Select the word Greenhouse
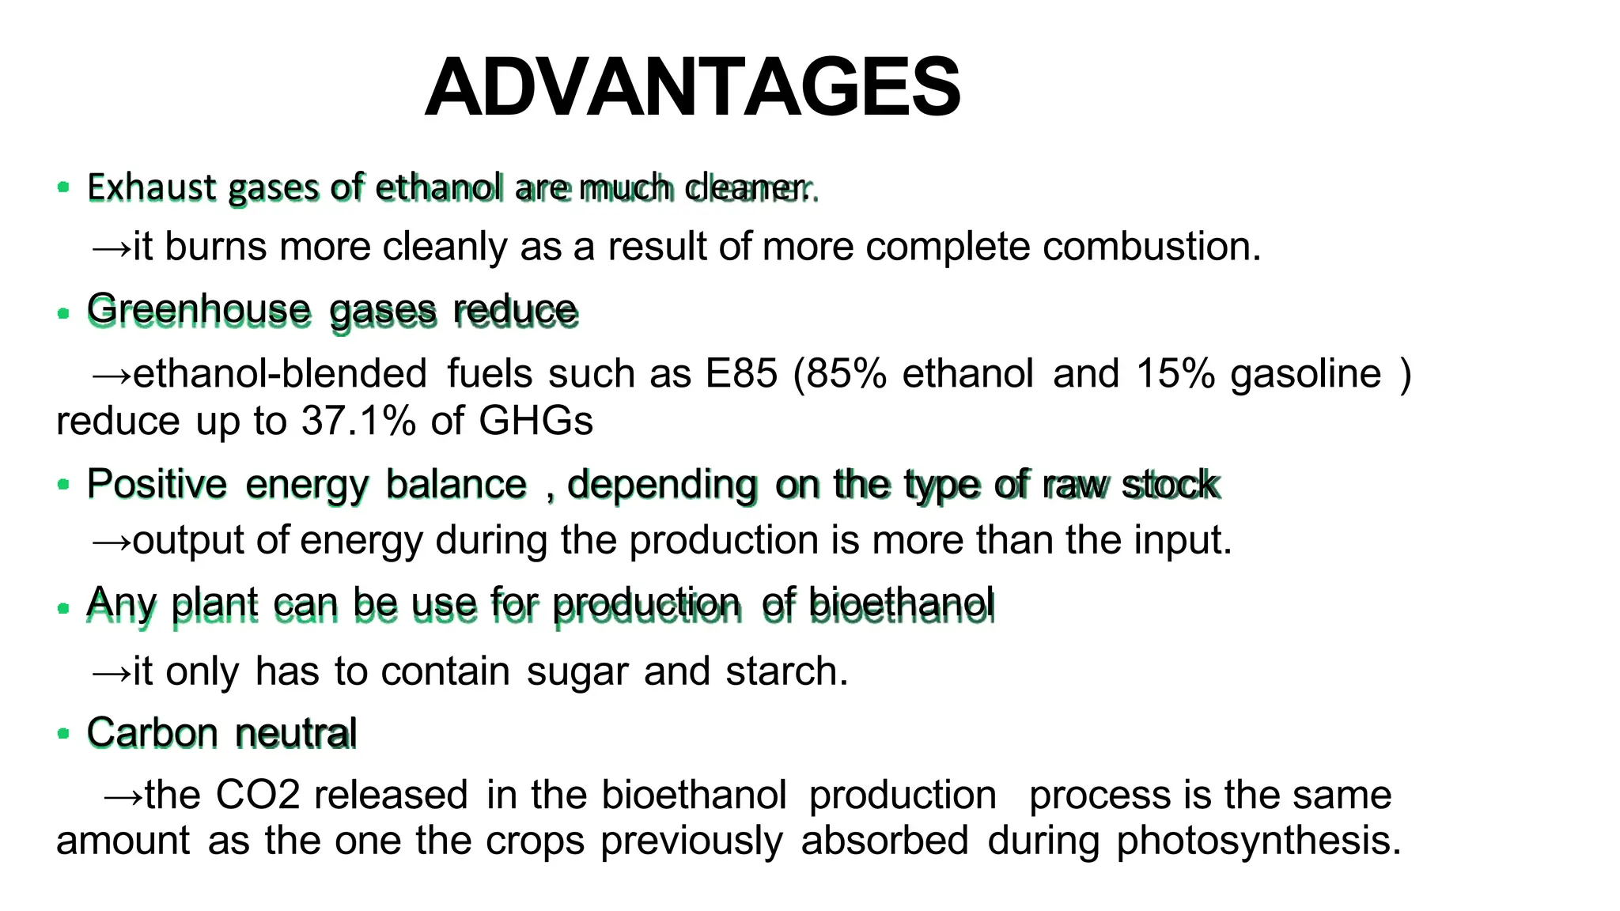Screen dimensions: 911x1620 (x=199, y=309)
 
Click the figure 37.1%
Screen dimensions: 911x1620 (x=358, y=421)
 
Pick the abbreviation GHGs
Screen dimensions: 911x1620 (x=536, y=421)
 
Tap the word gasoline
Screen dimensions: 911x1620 (x=1305, y=373)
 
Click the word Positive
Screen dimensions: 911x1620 (x=157, y=484)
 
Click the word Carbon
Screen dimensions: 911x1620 (x=152, y=732)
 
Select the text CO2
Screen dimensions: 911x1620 (x=258, y=795)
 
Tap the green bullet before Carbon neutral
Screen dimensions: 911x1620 (x=63, y=733)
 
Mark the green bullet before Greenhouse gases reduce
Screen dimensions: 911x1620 (x=63, y=313)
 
